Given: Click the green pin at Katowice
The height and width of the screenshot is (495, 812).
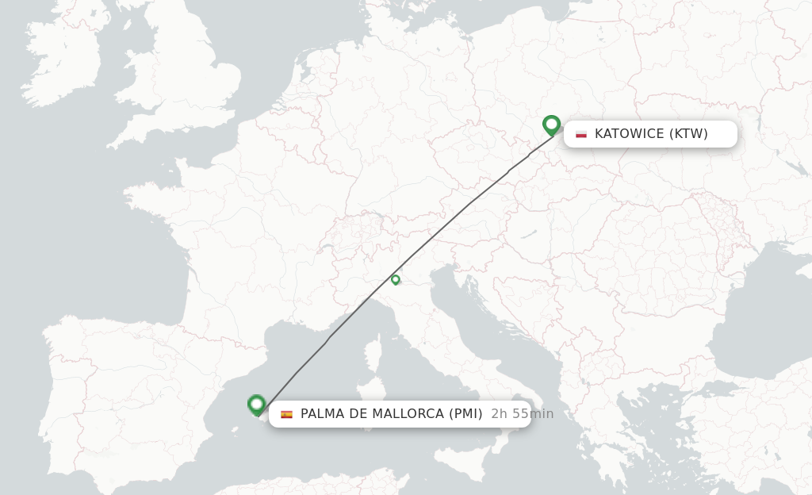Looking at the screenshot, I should coord(551,125).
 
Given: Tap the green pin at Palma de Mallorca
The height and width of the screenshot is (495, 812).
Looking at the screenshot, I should coord(256,405).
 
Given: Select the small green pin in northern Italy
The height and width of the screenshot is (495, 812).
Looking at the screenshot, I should coord(395,279).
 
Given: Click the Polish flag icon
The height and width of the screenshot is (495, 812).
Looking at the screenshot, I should coord(581,134).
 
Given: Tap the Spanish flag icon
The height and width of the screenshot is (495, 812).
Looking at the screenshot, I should coord(286,414).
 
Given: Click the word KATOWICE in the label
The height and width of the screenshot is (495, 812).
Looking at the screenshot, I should coord(630,134).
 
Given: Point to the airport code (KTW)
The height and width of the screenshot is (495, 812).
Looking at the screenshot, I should coord(688,134).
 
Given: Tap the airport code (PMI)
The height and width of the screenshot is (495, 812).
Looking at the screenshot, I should coord(465,414).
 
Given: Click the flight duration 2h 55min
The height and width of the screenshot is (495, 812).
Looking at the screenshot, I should coord(522,414).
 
